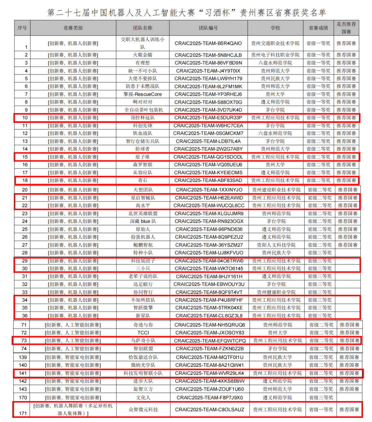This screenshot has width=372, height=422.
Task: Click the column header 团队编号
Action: tap(208, 28)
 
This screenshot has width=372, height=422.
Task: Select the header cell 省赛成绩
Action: tap(318, 28)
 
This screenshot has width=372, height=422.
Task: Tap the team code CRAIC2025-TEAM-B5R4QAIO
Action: tap(208, 43)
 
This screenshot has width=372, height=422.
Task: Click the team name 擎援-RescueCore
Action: tap(142, 94)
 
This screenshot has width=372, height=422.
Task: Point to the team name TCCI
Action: tap(143, 333)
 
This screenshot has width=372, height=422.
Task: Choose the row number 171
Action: tap(23, 413)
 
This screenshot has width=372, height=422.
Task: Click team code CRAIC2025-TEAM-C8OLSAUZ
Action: tap(210, 409)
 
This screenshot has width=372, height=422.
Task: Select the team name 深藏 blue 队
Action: tap(143, 221)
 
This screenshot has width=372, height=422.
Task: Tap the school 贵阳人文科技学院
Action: tap(276, 245)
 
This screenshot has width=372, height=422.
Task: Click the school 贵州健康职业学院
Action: tap(276, 292)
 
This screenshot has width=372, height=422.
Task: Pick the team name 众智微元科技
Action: tap(143, 409)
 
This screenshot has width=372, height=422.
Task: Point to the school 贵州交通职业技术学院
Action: tap(275, 43)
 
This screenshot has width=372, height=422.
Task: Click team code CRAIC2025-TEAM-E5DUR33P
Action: tap(208, 118)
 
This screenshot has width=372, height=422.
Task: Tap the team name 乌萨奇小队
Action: tap(143, 340)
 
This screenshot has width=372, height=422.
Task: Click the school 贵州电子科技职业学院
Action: tap(275, 55)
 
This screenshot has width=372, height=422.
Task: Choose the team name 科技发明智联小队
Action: tap(143, 373)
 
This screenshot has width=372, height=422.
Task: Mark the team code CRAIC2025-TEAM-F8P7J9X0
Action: tap(210, 398)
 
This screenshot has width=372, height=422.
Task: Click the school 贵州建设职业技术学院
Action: tap(276, 190)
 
